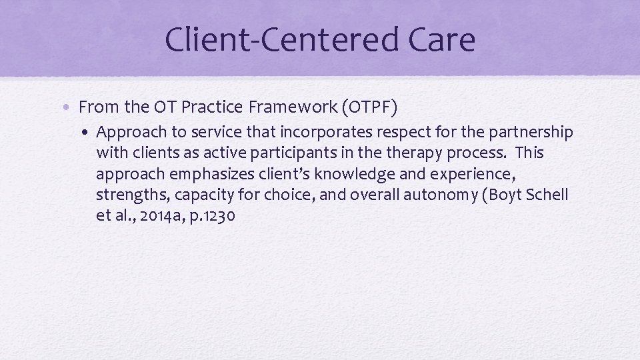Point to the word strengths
click(131, 195)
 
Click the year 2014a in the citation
click(160, 216)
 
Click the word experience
click(463, 174)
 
